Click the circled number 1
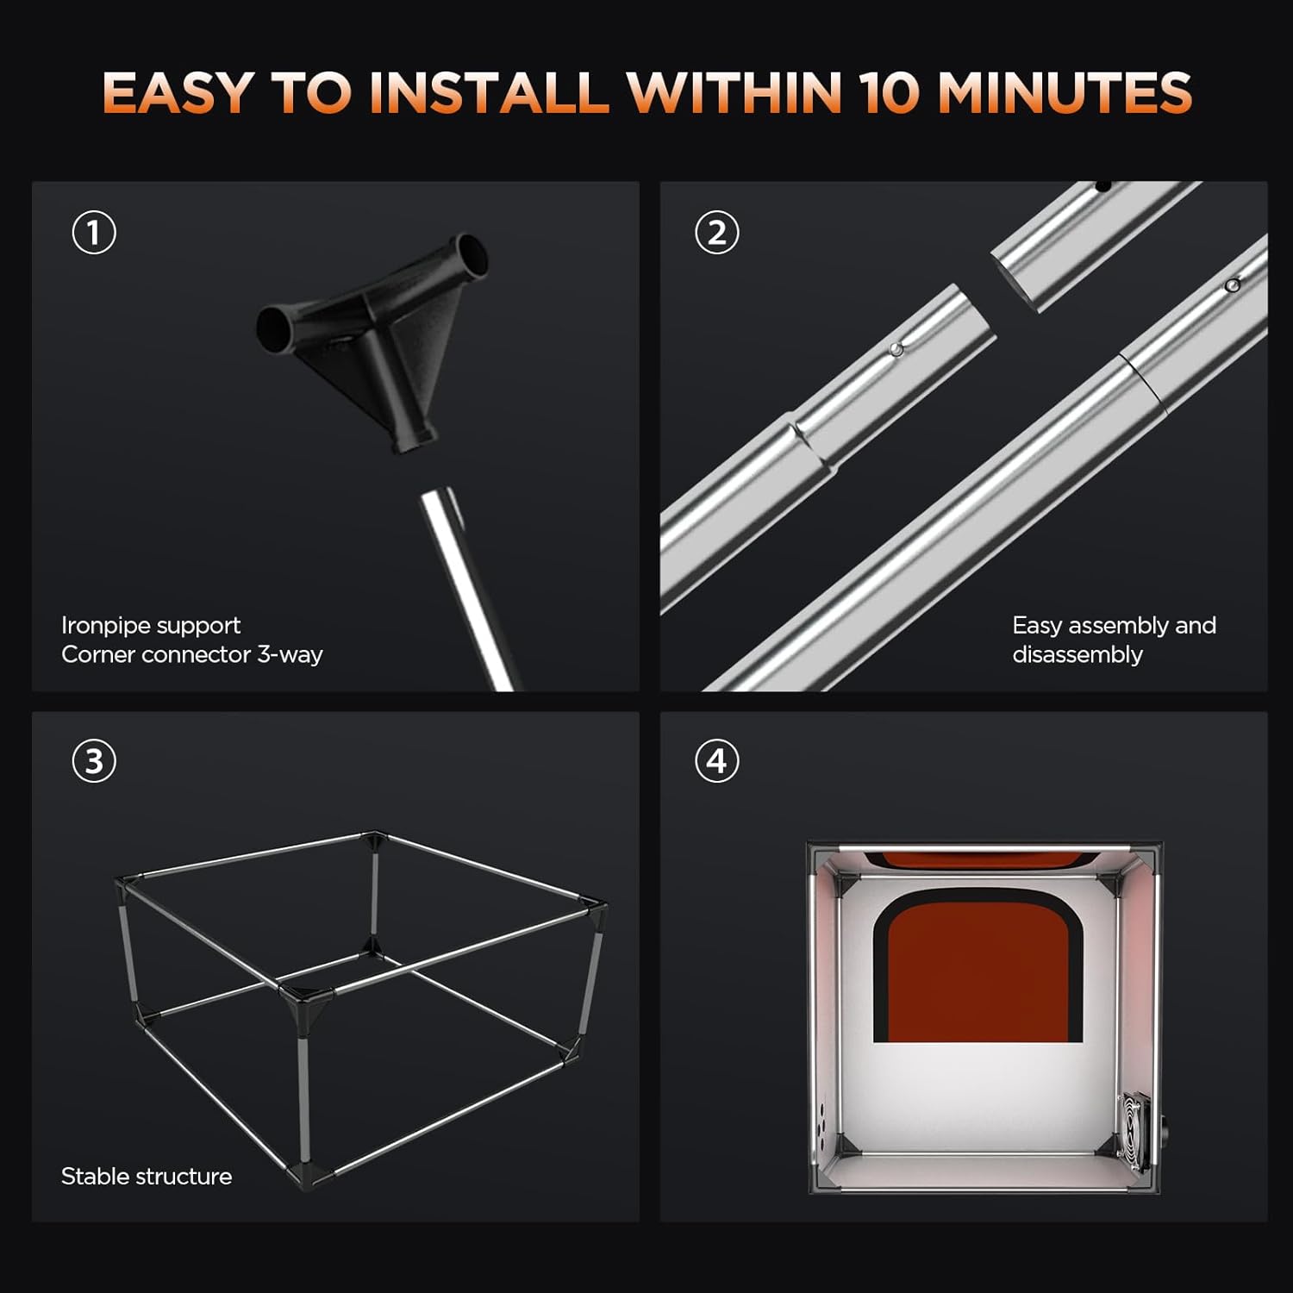[94, 233]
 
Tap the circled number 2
[717, 233]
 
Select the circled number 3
[94, 761]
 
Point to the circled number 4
[717, 761]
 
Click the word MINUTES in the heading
[1065, 92]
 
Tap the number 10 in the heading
[891, 92]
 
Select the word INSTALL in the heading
[489, 92]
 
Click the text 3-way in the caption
[290, 655]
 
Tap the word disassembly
[1077, 655]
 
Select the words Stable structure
[147, 1177]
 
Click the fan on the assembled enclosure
[1136, 1131]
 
